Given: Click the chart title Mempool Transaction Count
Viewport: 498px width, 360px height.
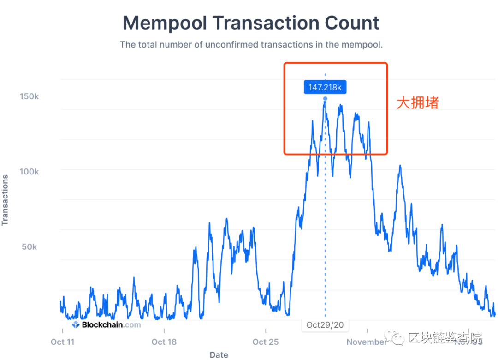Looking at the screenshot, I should coord(251,23).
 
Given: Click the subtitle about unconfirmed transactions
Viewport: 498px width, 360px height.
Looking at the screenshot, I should coord(251,45).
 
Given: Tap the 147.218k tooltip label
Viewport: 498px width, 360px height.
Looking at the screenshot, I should coord(325,87).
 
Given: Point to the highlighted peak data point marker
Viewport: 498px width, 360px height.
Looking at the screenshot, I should coord(325,99).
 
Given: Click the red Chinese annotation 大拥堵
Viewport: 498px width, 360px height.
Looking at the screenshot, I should coord(417,103).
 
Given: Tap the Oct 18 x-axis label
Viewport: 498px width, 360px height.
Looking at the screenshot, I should coord(165,342).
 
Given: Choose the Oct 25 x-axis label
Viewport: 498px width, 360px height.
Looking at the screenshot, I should coord(266,342).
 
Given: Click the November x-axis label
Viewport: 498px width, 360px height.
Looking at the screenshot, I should coord(367,342).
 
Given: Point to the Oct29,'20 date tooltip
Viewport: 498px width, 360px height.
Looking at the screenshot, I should coord(325,325).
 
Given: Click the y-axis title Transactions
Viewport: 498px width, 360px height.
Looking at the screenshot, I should coord(6,200).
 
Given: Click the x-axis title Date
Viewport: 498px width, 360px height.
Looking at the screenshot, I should coord(219,355).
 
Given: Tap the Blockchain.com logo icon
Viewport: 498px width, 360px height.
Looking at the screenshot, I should coord(76,324).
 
